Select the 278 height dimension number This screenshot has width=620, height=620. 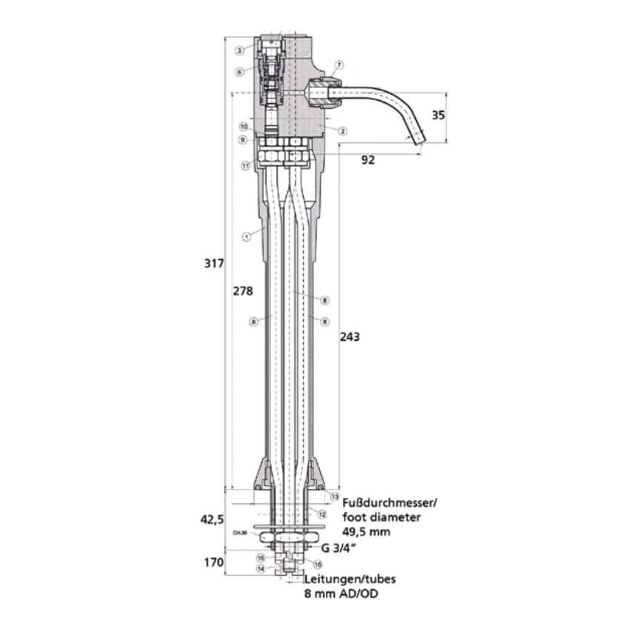pyautogui.click(x=243, y=291)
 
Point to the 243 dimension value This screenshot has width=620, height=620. pyautogui.click(x=350, y=337)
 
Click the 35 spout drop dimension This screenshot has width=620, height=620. pyautogui.click(x=439, y=115)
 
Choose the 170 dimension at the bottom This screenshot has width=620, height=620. pyautogui.click(x=214, y=562)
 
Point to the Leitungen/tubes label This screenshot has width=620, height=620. pyautogui.click(x=343, y=581)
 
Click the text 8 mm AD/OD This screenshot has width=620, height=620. pyautogui.click(x=337, y=593)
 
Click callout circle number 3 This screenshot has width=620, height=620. pyautogui.click(x=239, y=51)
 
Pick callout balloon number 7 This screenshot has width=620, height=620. pyautogui.click(x=339, y=65)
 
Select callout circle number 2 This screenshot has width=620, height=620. pyautogui.click(x=343, y=130)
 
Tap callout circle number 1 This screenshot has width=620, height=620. pyautogui.click(x=245, y=236)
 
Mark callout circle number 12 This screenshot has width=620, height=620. pyautogui.click(x=322, y=513)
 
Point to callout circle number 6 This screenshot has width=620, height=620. pyautogui.click(x=239, y=72)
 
